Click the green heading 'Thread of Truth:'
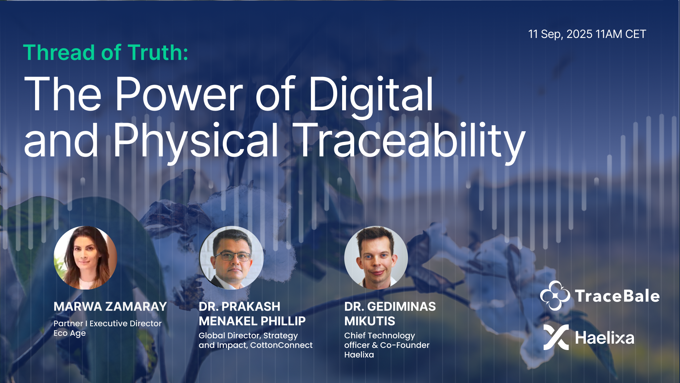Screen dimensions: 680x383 (x=106, y=53)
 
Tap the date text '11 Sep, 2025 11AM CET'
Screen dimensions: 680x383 (x=587, y=34)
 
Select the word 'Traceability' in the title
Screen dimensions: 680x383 (x=409, y=140)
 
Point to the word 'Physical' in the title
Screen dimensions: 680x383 (x=196, y=140)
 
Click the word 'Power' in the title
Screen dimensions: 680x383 (x=179, y=94)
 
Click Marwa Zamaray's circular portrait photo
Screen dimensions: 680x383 (x=85, y=258)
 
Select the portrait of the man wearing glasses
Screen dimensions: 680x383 (x=231, y=258)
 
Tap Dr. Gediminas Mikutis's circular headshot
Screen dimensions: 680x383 (x=376, y=258)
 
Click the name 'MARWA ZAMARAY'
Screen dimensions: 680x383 (x=110, y=306)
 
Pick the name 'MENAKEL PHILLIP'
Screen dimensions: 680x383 (x=252, y=321)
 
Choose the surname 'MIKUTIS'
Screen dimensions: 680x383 (x=370, y=321)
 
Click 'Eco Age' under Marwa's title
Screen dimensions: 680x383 (x=70, y=333)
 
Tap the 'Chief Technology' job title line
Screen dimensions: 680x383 (x=380, y=336)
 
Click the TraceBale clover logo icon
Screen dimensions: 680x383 (x=555, y=295)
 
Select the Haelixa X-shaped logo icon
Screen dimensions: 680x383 (x=556, y=337)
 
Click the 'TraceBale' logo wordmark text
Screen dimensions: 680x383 (x=617, y=296)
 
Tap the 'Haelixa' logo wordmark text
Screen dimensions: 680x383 (x=605, y=338)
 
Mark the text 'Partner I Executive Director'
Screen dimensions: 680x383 (x=108, y=323)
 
